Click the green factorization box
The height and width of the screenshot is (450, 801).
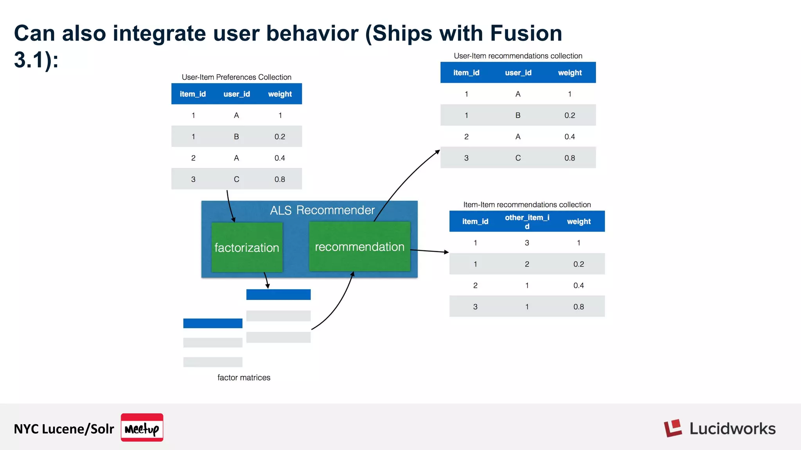coord(247,247)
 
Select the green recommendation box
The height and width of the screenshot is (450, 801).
coord(359,246)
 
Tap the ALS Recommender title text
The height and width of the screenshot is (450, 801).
coord(322,210)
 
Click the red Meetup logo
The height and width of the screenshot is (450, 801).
coord(142,428)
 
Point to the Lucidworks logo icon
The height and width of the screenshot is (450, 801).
coord(673,429)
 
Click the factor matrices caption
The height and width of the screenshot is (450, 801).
coord(244,377)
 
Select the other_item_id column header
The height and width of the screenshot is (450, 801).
coord(527,221)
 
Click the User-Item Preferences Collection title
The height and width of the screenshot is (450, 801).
coord(236,77)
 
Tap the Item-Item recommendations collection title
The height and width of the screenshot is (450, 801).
coord(527,204)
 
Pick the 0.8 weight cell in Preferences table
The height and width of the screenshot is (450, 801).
coord(280,179)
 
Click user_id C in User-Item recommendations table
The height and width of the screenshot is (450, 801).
coord(518,158)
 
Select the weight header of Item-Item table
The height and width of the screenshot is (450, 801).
coord(578,221)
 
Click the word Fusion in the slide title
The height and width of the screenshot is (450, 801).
coord(526,33)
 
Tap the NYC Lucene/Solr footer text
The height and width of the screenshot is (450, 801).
coord(64,429)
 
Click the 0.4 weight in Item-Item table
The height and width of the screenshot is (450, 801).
coord(578,286)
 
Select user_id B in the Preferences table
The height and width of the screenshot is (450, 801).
coord(236,137)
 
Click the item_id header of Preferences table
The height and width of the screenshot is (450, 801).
coord(193,94)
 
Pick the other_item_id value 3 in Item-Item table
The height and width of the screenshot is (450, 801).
coord(527,243)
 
